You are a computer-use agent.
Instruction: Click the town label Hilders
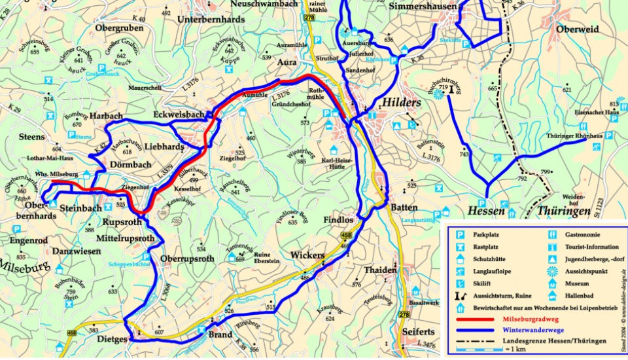click(404, 102)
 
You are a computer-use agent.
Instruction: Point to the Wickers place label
click(307, 254)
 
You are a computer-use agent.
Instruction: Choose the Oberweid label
click(578, 29)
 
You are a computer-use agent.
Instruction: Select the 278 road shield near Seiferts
click(404, 315)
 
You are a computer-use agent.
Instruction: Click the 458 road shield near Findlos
click(346, 235)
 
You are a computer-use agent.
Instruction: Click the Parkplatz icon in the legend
click(460, 234)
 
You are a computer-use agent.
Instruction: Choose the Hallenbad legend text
click(582, 296)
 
